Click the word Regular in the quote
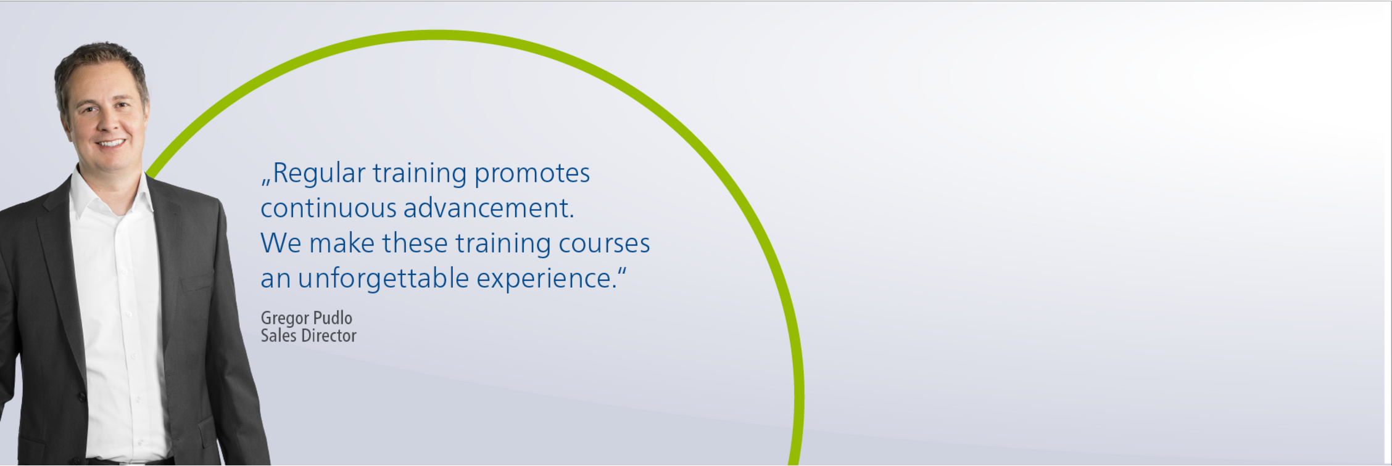(x=319, y=174)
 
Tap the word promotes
(x=532, y=174)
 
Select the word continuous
(x=328, y=208)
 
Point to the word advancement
(x=489, y=208)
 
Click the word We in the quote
(x=281, y=243)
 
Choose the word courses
(x=604, y=243)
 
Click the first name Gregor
(x=285, y=319)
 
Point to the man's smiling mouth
(x=111, y=144)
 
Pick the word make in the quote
(x=342, y=243)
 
